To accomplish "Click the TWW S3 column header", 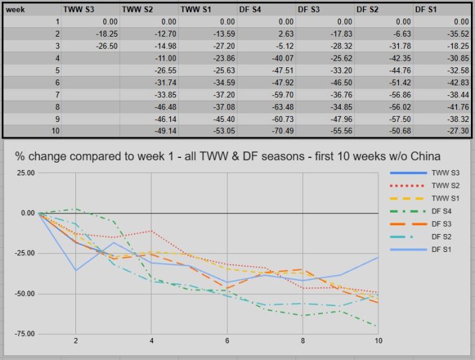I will pos(79,9).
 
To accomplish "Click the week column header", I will pos(16,9).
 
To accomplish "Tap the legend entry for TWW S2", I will pos(445,186).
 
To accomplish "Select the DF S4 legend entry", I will pos(443,211).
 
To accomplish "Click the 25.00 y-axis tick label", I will pos(25,173).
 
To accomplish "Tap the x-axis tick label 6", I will pos(227,341).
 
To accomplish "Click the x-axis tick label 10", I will pos(378,341).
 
